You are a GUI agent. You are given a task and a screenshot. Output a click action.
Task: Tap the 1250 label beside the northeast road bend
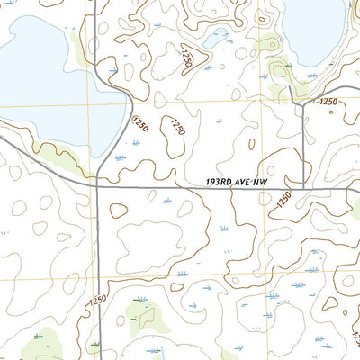coord(328,103)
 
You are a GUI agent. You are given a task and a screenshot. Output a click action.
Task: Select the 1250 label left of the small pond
coord(186,59)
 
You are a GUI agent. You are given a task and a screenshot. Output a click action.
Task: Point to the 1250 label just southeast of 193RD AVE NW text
coord(284,199)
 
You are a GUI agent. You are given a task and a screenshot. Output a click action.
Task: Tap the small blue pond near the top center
coord(216,39)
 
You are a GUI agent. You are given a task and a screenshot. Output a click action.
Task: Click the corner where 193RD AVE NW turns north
coord(304,188)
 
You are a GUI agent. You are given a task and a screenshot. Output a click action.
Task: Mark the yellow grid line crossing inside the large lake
coord(90,101)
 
